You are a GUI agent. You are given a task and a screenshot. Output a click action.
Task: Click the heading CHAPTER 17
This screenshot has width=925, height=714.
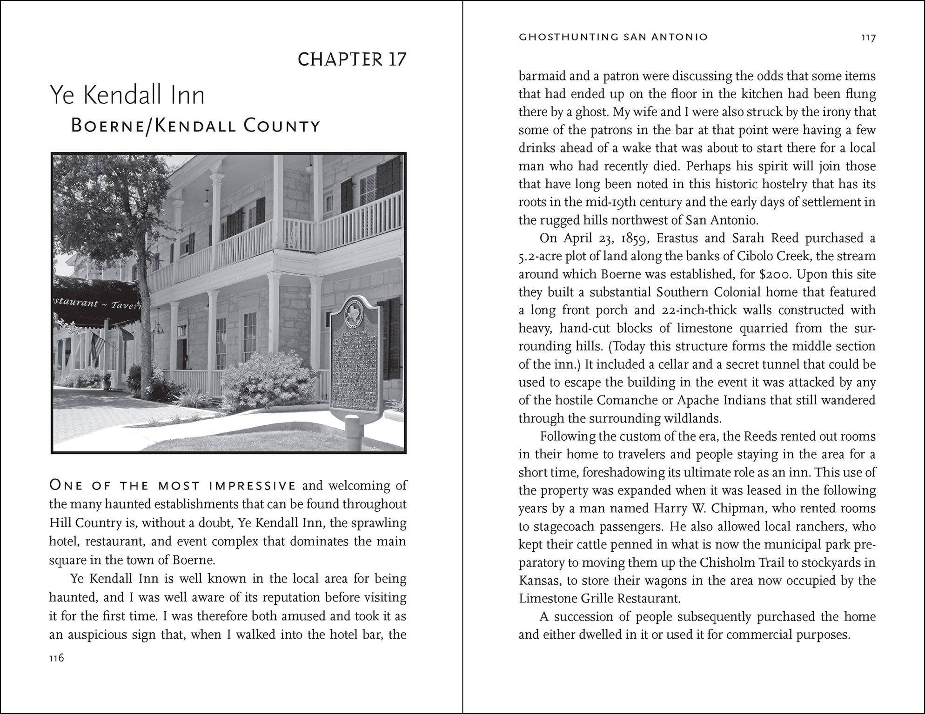[x=352, y=59]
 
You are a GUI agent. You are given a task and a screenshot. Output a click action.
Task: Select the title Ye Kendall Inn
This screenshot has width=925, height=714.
[x=127, y=95]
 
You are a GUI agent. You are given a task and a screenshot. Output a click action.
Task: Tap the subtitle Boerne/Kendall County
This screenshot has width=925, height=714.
[x=195, y=126]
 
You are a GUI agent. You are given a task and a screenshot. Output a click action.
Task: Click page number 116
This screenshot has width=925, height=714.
[x=56, y=658]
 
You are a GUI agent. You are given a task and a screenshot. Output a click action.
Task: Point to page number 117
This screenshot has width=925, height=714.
[x=868, y=38]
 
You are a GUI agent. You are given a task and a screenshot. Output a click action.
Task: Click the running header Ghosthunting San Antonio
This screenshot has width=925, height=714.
[x=613, y=37]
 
